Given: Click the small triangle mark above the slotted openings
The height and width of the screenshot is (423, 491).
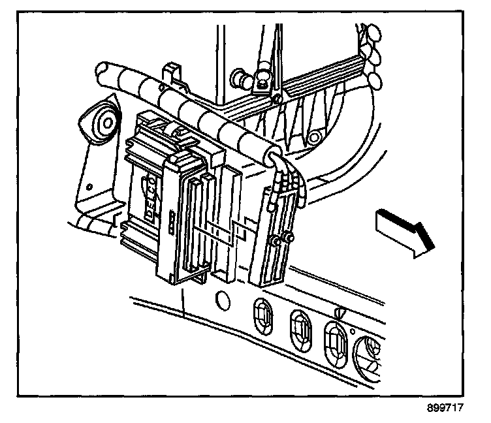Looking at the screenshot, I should click(x=339, y=312).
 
